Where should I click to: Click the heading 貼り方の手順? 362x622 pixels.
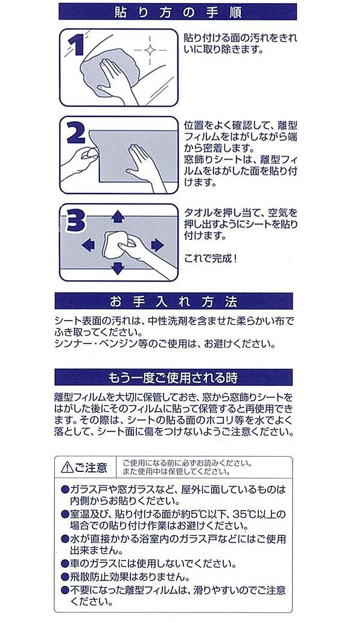(x=177, y=12)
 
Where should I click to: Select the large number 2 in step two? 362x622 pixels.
(x=75, y=132)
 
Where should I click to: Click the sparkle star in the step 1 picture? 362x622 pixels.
(x=150, y=50)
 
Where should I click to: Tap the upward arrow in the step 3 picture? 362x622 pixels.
(x=118, y=216)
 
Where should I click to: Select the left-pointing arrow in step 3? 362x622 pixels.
(x=88, y=245)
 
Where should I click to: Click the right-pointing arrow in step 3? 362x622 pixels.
(x=157, y=245)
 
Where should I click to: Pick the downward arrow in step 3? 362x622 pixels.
(x=118, y=268)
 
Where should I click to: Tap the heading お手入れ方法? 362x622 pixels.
(x=174, y=302)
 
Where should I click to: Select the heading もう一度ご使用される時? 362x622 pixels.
(x=173, y=378)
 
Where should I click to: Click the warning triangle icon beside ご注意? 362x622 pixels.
(x=67, y=468)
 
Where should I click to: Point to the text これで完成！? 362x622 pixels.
(x=211, y=259)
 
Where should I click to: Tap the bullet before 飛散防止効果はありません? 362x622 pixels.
(x=65, y=576)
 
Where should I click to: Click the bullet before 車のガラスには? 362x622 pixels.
(x=65, y=564)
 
